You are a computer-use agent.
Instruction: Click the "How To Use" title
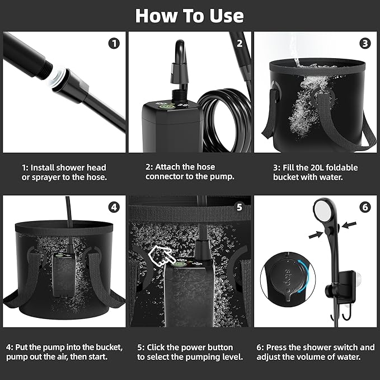coord(190,15)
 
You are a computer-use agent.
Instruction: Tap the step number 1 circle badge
coord(114,43)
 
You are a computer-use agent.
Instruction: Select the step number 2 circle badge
coord(240,43)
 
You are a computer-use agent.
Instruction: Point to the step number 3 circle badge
coord(365,43)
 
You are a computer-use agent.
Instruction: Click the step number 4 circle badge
coord(114,207)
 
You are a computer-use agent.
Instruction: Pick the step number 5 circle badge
coord(240,207)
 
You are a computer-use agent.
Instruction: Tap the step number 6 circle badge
coord(365,207)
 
